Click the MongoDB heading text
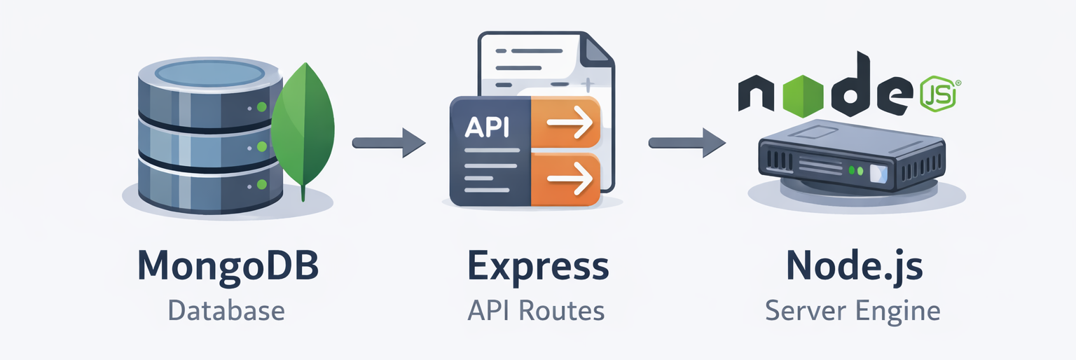[x=227, y=267]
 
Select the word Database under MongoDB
[x=226, y=310]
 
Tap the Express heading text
[x=537, y=267]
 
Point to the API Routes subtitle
[x=536, y=310]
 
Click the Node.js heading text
[x=854, y=267]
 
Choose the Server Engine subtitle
[x=853, y=310]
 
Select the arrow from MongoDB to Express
[x=389, y=143]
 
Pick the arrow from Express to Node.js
[x=687, y=143]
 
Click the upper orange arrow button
[x=566, y=123]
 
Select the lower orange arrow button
[x=566, y=179]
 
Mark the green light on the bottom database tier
[x=262, y=184]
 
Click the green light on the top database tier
[x=262, y=107]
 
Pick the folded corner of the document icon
[x=598, y=50]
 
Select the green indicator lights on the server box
[x=855, y=170]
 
